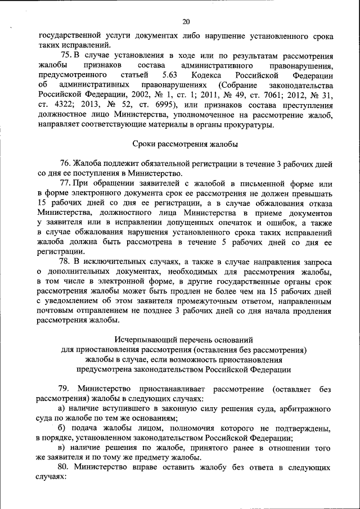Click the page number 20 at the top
click(186, 22)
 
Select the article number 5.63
click(169, 75)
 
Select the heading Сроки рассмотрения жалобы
click(185, 144)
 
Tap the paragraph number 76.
click(66, 164)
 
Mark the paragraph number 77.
click(66, 183)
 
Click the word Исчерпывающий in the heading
click(142, 340)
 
